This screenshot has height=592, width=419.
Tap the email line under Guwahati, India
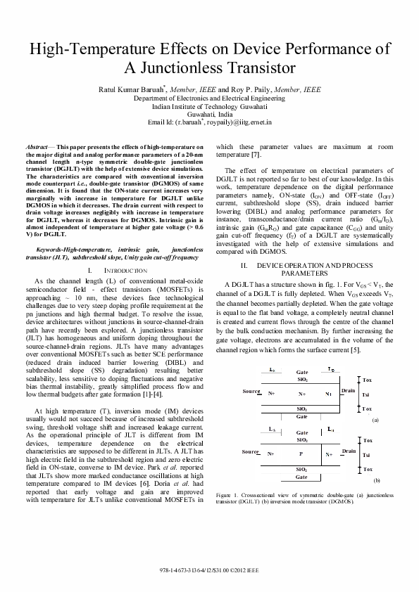click(209, 122)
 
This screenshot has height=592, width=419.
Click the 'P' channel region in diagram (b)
click(301, 453)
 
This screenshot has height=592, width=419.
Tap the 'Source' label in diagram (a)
click(251, 390)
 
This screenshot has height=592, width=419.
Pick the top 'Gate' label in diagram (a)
click(302, 371)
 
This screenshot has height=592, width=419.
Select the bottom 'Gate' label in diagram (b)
click(301, 477)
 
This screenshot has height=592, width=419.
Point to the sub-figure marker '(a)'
click(376, 419)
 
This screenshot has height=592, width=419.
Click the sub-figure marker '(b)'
click(377, 480)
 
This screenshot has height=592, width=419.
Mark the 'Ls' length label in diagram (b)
click(272, 429)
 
